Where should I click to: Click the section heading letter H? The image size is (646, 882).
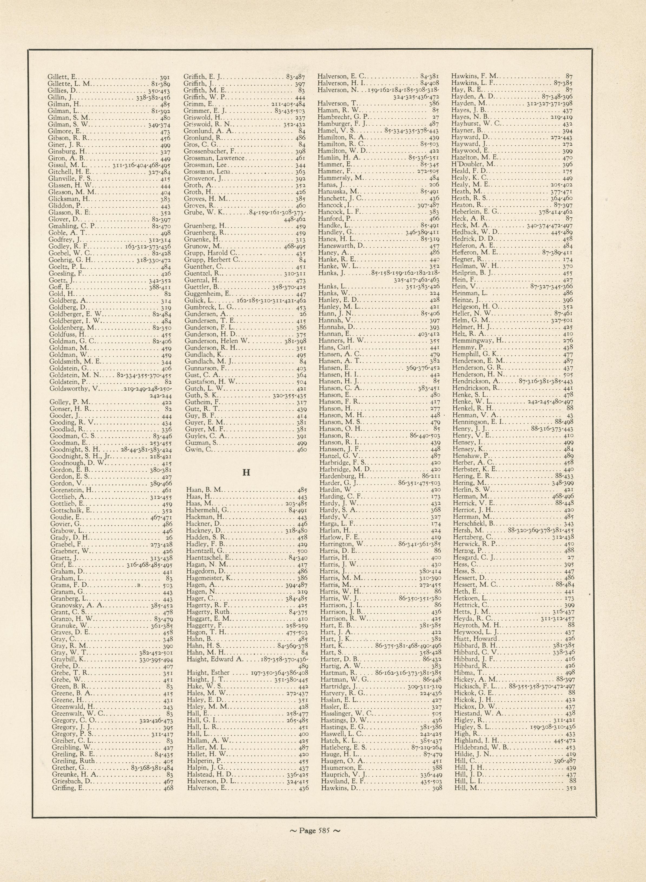246,472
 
